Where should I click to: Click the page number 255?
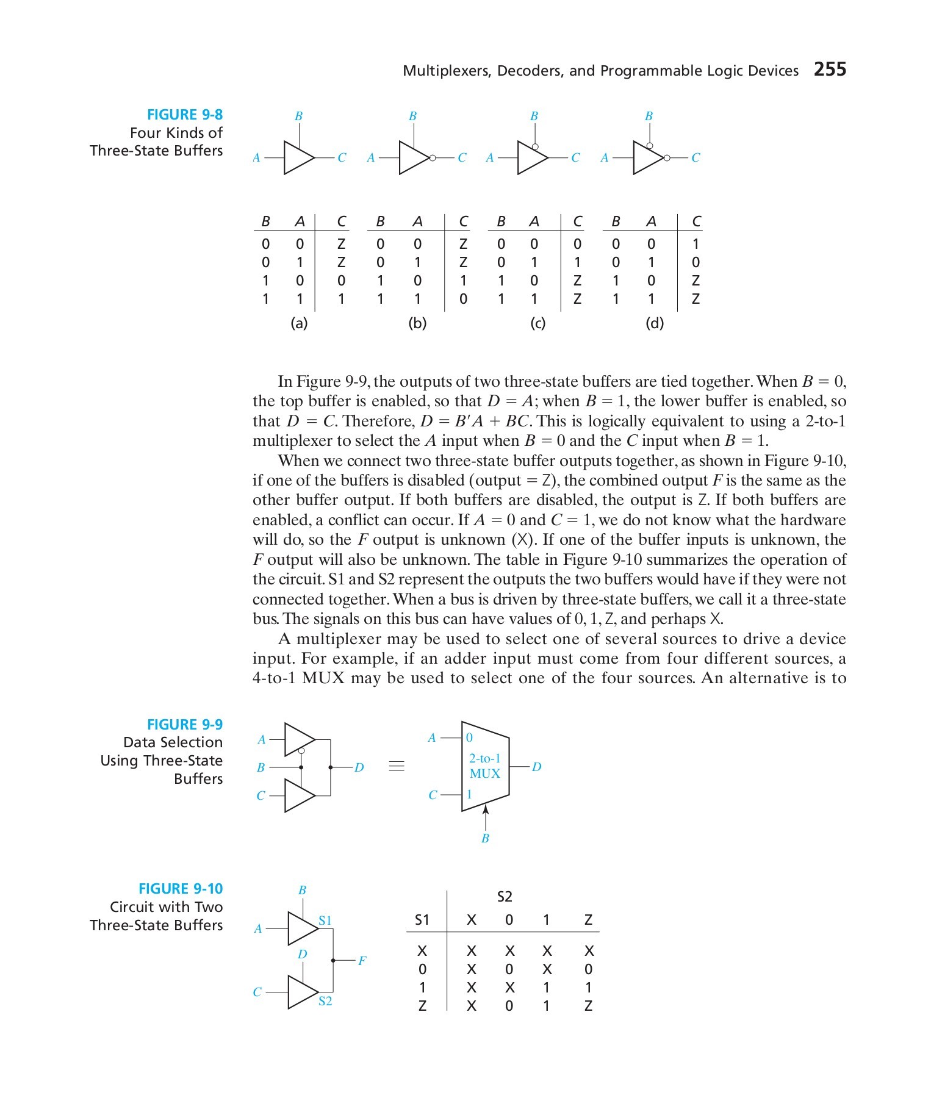pos(830,69)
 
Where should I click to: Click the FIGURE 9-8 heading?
pos(185,115)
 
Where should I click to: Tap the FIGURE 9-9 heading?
pos(185,724)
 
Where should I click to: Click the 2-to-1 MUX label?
pos(485,766)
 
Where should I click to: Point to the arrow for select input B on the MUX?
pos(486,811)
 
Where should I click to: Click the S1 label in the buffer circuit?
pos(325,920)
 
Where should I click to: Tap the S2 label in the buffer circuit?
pos(325,1000)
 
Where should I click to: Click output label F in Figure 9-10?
pos(362,961)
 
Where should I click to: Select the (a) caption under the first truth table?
pos(299,323)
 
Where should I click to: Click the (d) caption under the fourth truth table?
pos(654,323)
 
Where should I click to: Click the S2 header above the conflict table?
pos(505,896)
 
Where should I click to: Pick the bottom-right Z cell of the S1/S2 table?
pos(588,1005)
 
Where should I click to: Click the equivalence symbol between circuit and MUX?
pos(397,766)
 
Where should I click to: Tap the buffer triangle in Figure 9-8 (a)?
pos(298,157)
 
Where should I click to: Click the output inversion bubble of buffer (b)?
pos(433,157)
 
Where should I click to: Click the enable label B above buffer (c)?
pos(534,116)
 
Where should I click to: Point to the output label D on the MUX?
pos(536,766)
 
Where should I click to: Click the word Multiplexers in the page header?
pos(447,71)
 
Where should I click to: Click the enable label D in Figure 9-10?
pos(302,954)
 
